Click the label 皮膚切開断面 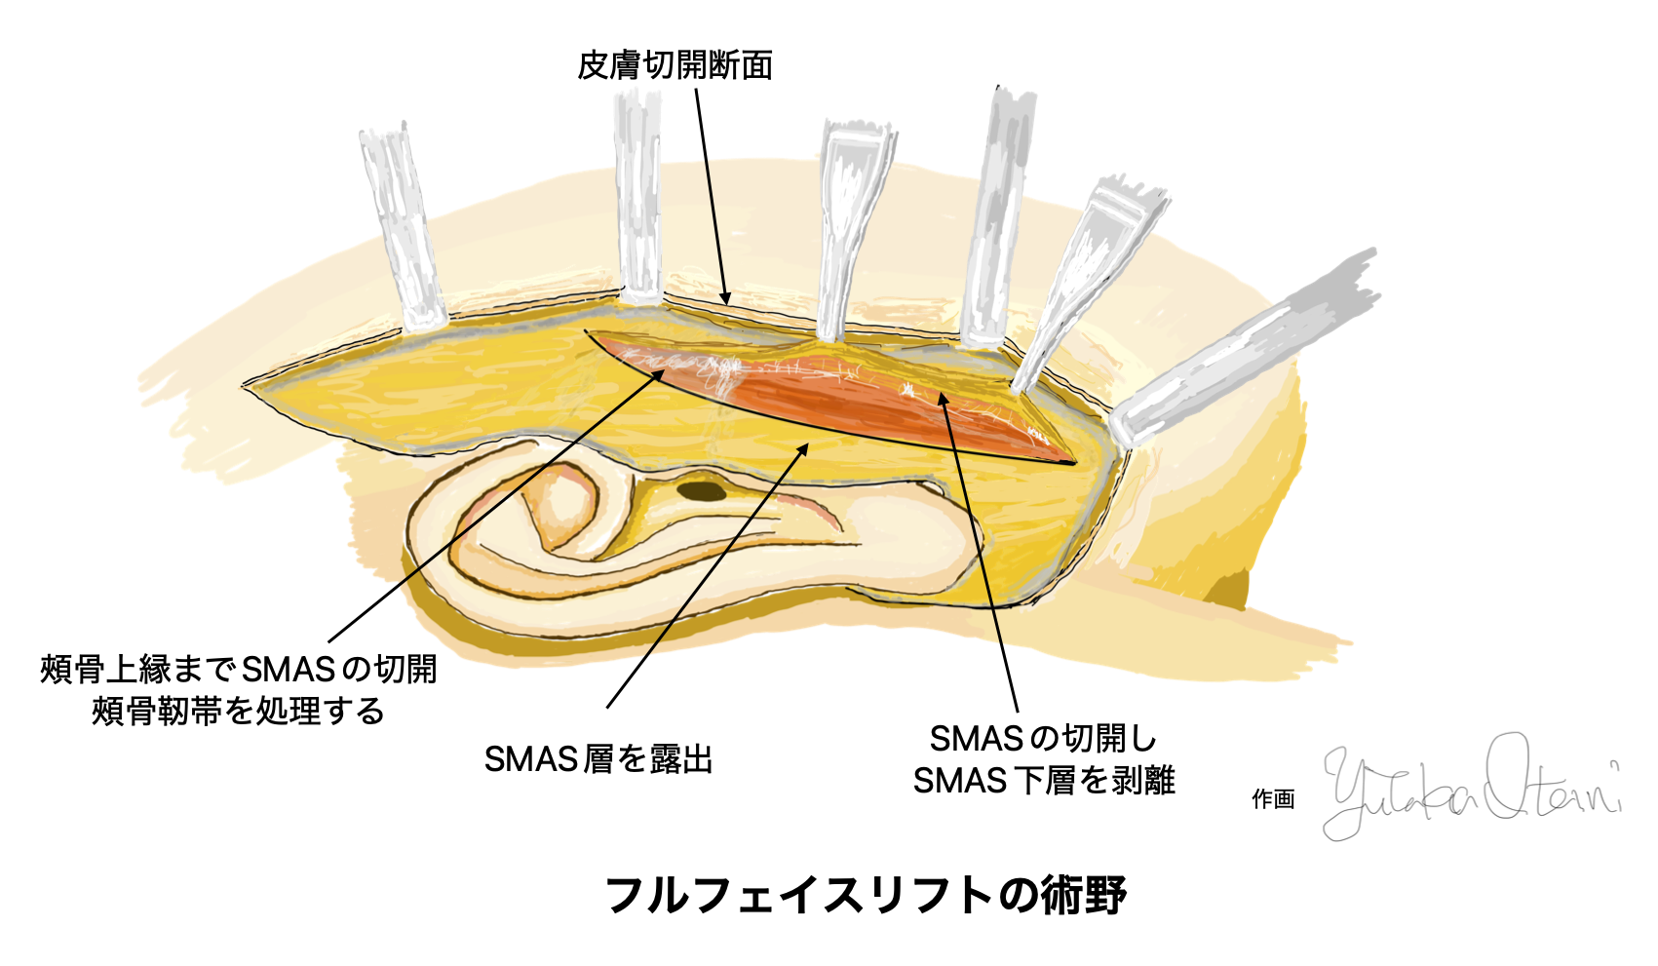click(x=675, y=65)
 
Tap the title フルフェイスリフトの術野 click(x=866, y=894)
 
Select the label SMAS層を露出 click(x=598, y=758)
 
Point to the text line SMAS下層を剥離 click(x=1043, y=780)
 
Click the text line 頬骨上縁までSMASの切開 click(x=239, y=669)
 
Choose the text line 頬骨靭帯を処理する click(x=239, y=711)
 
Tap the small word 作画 click(x=1273, y=799)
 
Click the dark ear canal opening click(x=702, y=490)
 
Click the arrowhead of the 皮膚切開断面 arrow click(x=726, y=298)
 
